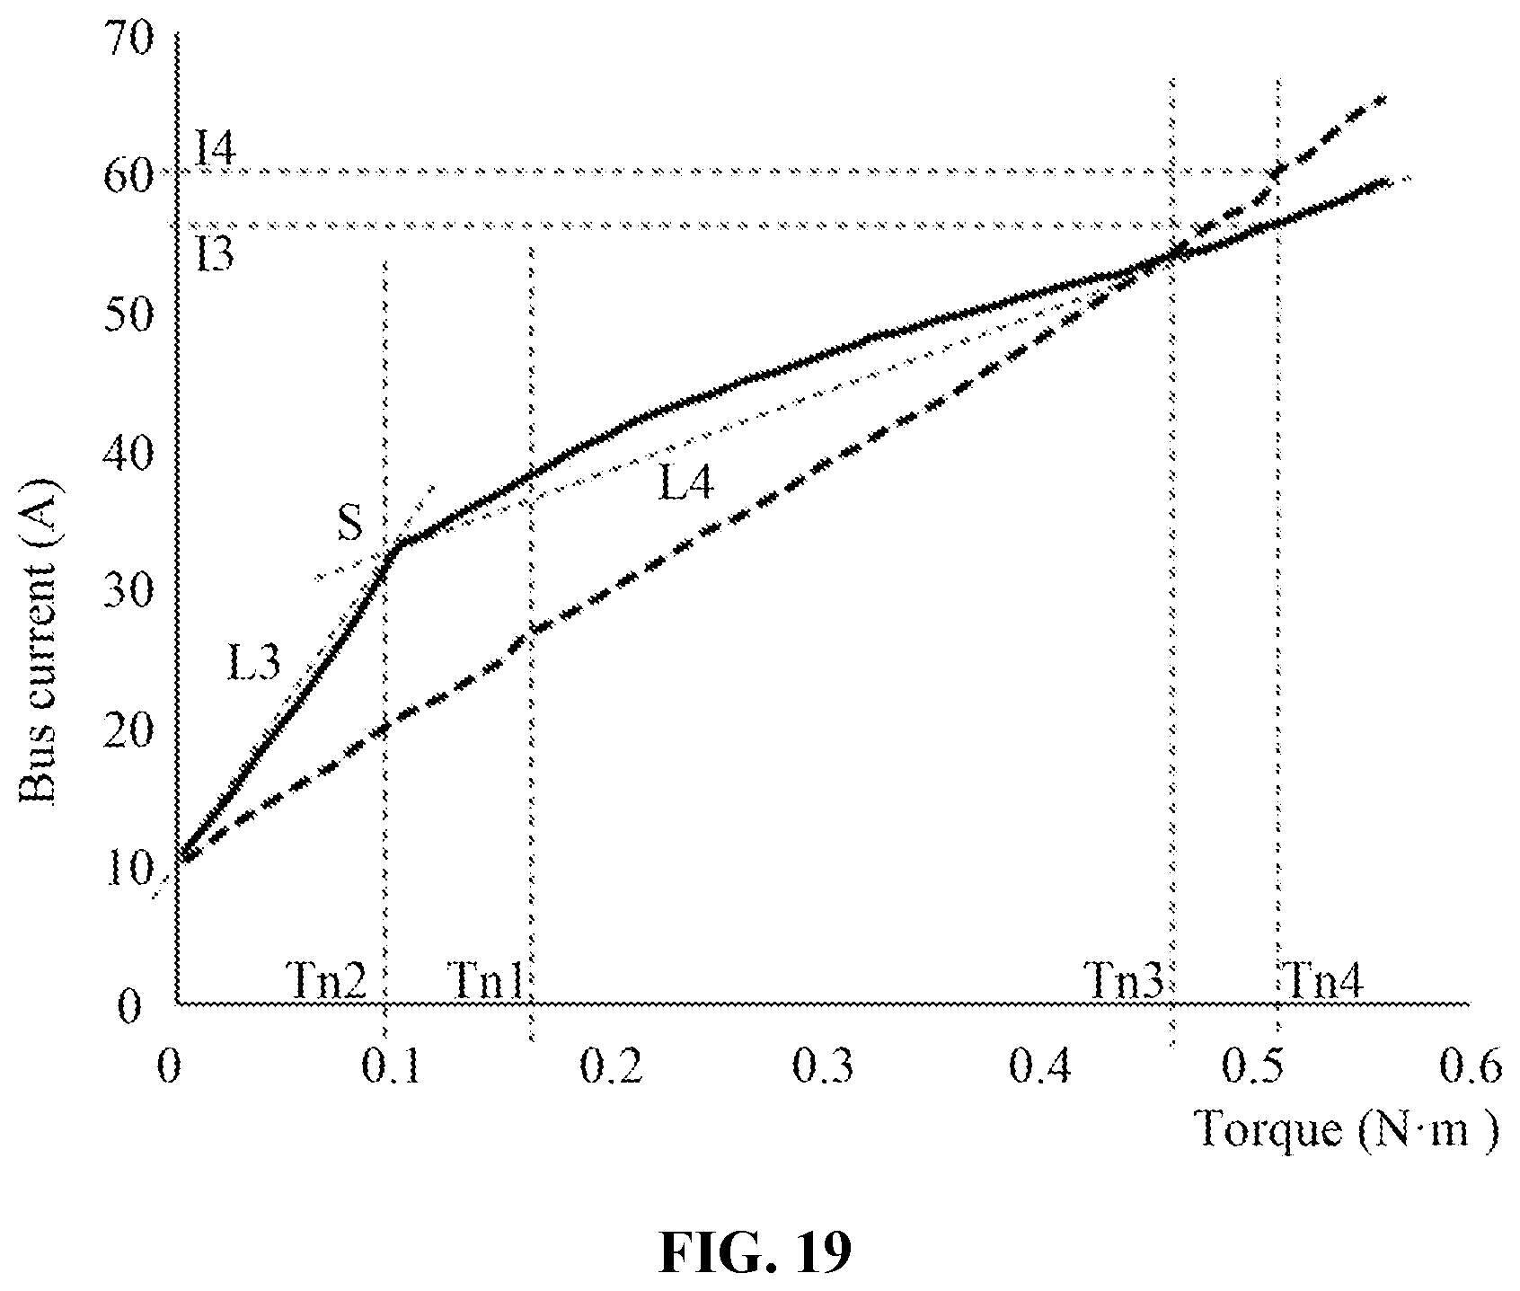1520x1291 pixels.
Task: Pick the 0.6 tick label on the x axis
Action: pos(1469,1066)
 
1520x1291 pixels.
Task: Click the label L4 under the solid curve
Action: pos(686,486)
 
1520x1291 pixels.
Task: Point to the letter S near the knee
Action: pos(350,524)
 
